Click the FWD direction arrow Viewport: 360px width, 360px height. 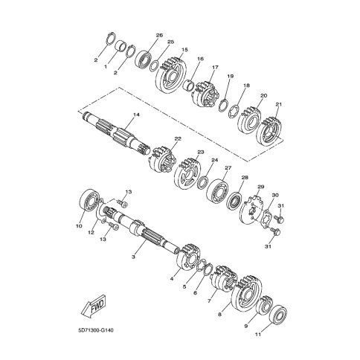[94, 306]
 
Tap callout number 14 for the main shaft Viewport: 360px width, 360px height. [136, 115]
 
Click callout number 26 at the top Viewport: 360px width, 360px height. [159, 35]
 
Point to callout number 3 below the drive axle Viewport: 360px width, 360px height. [133, 257]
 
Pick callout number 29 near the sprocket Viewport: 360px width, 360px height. [260, 187]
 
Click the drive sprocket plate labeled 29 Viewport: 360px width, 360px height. [251, 210]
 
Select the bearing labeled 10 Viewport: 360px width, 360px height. [89, 200]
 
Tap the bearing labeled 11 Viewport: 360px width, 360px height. [278, 315]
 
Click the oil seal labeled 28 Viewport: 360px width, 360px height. [235, 201]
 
